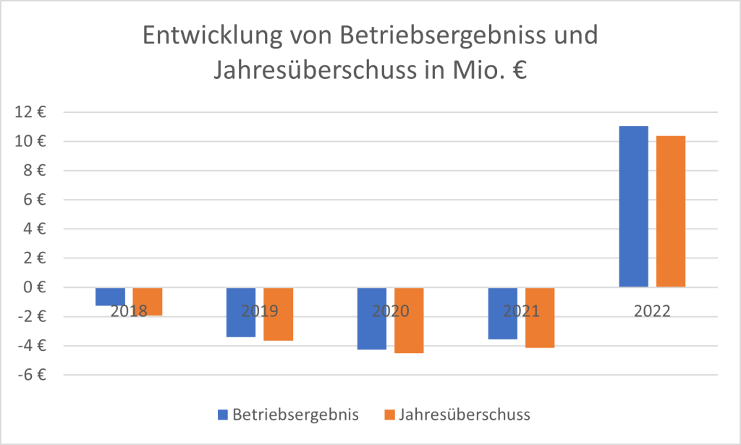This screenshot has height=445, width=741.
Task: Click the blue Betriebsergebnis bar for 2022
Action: (633, 206)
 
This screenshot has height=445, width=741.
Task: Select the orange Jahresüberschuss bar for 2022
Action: (671, 211)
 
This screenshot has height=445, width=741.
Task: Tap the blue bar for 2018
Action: (110, 297)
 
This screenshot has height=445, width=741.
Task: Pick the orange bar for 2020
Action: (409, 320)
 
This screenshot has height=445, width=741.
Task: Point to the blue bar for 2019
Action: (241, 312)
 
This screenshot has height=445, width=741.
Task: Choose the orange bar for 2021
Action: (540, 318)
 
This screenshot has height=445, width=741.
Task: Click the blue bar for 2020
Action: (372, 318)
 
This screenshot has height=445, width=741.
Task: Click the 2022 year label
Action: (651, 312)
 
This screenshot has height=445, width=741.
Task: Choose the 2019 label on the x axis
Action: (258, 312)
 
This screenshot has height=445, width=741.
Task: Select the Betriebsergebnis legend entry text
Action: (295, 415)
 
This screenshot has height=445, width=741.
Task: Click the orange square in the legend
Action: (389, 415)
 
